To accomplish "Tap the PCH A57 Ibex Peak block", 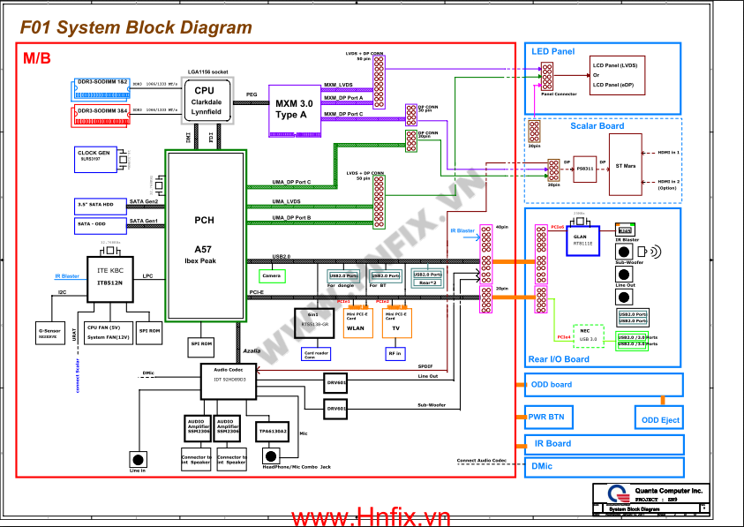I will [x=205, y=237].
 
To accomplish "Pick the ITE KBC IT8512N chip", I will [x=109, y=276].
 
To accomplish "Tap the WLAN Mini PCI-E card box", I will [x=355, y=324].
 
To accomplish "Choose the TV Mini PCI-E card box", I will [x=396, y=324].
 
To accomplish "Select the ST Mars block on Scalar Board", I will [x=625, y=165].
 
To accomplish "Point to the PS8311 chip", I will [x=584, y=167].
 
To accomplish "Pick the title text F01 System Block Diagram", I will [x=136, y=28].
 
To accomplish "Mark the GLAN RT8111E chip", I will [x=582, y=239].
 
